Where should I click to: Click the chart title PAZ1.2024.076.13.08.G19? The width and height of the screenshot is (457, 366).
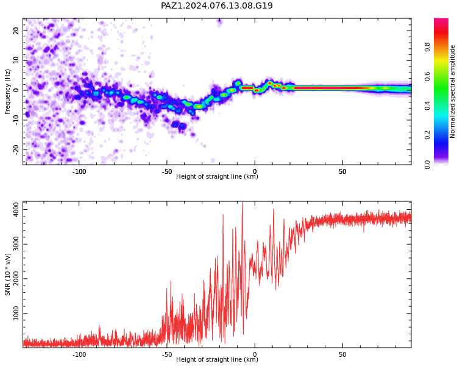point(217,5)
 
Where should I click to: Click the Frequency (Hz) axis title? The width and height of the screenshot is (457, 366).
point(7,91)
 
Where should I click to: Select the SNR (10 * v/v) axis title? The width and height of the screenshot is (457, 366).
point(7,274)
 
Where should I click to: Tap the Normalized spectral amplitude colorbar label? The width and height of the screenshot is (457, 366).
point(452,91)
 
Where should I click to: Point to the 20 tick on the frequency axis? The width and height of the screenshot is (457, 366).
point(16,30)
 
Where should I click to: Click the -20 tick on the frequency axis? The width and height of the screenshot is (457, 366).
point(16,149)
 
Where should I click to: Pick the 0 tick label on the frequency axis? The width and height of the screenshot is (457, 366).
point(16,90)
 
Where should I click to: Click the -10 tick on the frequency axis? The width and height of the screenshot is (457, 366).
point(16,120)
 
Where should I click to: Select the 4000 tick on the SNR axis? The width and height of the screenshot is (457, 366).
point(16,210)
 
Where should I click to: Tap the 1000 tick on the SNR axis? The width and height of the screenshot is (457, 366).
point(16,313)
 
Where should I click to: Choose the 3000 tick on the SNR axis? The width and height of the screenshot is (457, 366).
point(16,244)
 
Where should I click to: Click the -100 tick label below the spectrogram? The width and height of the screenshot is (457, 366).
point(79,171)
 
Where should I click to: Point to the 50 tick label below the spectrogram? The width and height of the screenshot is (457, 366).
point(342,171)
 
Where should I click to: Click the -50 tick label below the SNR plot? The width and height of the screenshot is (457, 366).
point(167,354)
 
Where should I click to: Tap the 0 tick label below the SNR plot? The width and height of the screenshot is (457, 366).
point(255,354)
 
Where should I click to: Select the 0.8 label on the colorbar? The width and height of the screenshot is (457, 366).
point(427,47)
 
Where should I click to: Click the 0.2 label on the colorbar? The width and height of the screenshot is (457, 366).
point(427,135)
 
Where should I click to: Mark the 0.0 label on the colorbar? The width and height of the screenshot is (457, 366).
point(427,165)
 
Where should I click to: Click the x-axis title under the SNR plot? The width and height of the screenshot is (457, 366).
point(217,359)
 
